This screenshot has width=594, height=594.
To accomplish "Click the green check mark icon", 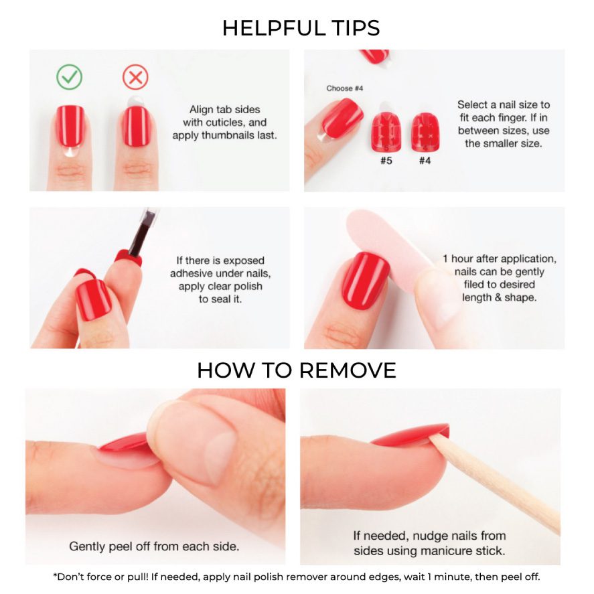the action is coord(70,77).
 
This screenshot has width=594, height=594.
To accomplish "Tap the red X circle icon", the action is coord(135,77).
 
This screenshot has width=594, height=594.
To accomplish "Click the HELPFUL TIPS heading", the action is coord(301,28).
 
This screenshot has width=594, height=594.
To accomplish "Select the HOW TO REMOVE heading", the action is coord(297,370).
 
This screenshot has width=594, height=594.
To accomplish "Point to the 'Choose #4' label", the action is coord(345,88).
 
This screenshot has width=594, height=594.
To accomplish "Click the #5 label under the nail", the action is coord(386,161).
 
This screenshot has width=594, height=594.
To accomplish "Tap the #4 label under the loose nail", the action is coord(425,161).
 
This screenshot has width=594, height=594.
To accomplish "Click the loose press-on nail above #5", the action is coord(386,132).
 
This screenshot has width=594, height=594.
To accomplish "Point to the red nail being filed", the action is coord(365,281).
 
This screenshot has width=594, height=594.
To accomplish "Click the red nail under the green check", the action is coord(70,126).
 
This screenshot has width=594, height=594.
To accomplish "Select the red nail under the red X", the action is coord(136,127).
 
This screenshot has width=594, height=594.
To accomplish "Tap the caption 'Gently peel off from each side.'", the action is coord(154,546).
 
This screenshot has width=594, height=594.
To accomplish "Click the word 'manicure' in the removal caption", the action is coord(443,550).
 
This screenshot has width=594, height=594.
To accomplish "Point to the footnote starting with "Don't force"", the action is coord(297,577).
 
